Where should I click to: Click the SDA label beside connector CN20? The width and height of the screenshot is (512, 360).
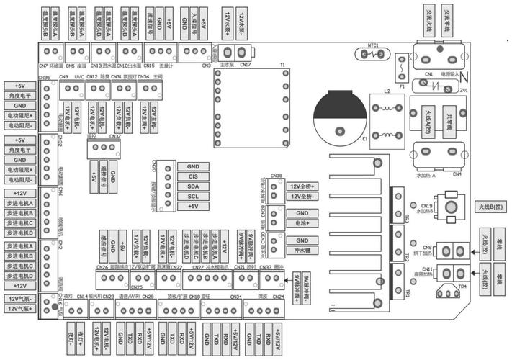(193, 186)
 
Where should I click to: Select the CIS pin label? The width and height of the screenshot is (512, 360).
(193, 176)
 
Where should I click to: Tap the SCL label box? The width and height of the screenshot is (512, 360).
(193, 196)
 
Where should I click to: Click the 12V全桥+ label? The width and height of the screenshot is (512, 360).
(302, 186)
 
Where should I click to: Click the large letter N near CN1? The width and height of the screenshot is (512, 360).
(463, 76)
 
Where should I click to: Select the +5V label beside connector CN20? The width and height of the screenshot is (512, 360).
(193, 206)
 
